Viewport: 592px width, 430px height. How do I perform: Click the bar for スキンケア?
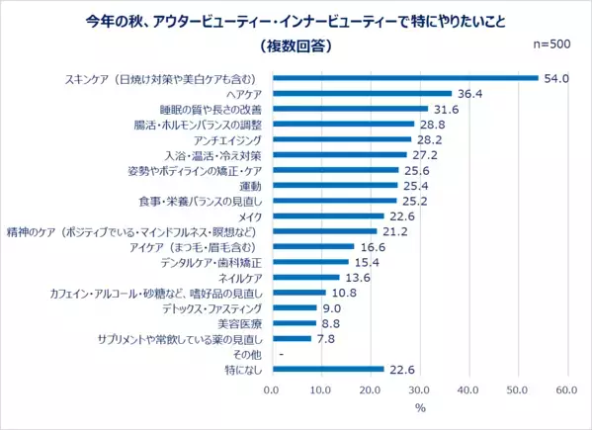(x=405, y=77)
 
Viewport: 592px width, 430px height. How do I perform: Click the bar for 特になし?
(x=327, y=369)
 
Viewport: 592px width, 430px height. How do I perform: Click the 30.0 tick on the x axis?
(x=419, y=389)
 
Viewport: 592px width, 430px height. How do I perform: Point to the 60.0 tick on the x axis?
(x=566, y=389)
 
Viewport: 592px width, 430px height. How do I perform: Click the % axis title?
(x=419, y=408)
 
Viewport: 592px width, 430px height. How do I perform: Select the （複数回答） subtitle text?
(x=296, y=45)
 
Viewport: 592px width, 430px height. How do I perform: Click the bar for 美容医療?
(x=294, y=323)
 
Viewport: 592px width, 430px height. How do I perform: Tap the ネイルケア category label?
(x=243, y=277)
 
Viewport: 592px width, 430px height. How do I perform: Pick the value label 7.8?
(x=327, y=338)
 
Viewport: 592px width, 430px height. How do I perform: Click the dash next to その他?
(x=283, y=354)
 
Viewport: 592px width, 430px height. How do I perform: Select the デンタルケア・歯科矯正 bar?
(x=309, y=262)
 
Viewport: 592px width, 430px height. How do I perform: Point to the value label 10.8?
(x=342, y=293)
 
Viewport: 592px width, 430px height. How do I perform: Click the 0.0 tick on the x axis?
(x=272, y=389)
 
